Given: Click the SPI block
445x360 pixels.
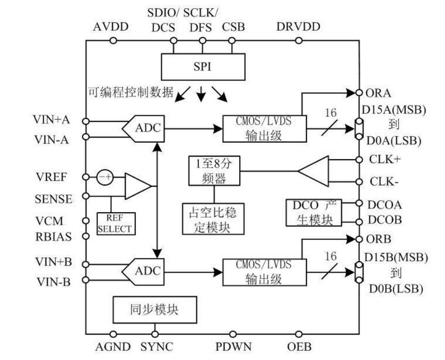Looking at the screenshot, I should click(x=201, y=66).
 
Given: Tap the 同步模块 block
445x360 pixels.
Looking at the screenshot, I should click(x=155, y=307).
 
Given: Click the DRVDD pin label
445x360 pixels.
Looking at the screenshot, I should click(x=299, y=27).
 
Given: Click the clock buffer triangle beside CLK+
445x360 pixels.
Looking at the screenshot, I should click(x=318, y=170).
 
